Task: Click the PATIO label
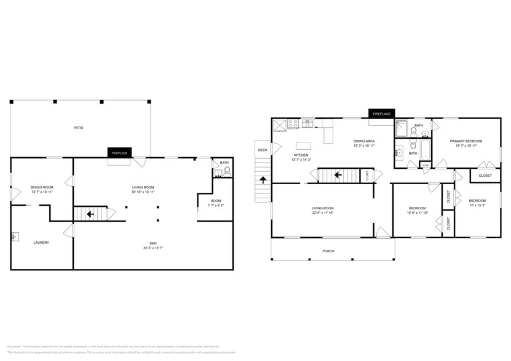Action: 79,128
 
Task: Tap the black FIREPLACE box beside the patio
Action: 119,153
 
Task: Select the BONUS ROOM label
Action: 42,187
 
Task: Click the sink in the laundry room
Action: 14,236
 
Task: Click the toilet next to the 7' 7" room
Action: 227,173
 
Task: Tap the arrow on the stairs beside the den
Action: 90,214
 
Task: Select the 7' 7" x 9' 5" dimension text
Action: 215,206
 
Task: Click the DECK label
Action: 263,150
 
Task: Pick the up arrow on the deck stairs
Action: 263,180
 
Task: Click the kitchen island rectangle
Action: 303,146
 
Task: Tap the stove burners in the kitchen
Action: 294,123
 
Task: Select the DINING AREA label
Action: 364,141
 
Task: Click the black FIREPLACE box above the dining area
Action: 382,114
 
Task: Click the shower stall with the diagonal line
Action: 401,128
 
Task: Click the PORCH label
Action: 329,251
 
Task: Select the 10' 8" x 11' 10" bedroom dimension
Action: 418,213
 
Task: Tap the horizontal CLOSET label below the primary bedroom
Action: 485,176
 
